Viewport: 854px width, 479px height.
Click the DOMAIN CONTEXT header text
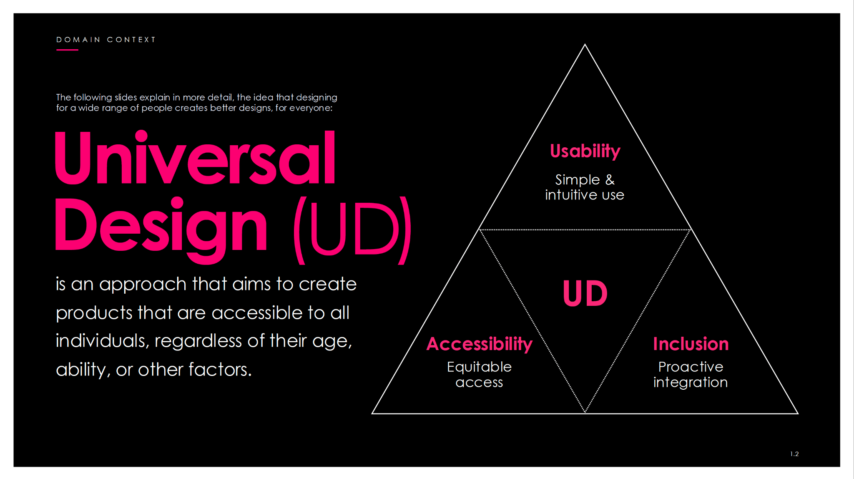105,40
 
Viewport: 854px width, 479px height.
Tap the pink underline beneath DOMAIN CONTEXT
67,50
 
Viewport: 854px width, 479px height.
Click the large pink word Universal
195,157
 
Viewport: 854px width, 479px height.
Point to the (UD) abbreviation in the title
352,230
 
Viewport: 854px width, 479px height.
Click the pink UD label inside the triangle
585,293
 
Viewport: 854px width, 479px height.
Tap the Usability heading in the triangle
585,151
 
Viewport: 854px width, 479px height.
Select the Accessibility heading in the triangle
480,345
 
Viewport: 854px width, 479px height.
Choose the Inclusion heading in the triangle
691,344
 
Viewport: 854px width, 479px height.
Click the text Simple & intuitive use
585,187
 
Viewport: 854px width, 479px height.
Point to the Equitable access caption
480,374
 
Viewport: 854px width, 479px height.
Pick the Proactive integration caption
691,375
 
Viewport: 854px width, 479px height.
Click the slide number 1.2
794,454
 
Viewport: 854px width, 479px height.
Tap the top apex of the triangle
585,44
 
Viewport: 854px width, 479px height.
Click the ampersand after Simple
610,180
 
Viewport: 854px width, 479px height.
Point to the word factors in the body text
220,370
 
